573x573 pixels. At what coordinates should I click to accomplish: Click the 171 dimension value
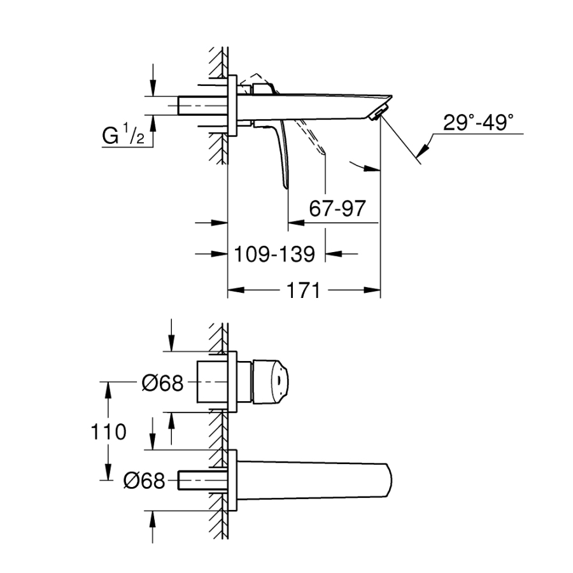click(x=303, y=290)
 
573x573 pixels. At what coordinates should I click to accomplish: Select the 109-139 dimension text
click(x=274, y=254)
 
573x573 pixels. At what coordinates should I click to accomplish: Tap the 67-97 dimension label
click(x=337, y=209)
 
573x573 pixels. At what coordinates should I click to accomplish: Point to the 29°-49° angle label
click(x=478, y=122)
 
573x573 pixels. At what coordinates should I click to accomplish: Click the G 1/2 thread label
click(x=123, y=134)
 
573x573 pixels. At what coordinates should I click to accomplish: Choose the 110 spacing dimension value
click(x=108, y=432)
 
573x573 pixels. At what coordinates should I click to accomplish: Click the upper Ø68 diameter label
click(x=162, y=383)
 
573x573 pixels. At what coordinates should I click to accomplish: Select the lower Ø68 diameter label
click(x=145, y=481)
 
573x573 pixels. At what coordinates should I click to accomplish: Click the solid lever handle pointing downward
click(x=282, y=153)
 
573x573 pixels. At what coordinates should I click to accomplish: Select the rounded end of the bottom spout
click(x=389, y=480)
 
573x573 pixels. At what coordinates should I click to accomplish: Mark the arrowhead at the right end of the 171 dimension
click(x=372, y=290)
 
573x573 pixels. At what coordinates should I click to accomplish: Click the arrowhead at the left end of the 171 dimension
click(x=236, y=290)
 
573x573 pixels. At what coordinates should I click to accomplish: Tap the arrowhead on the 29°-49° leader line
click(x=423, y=149)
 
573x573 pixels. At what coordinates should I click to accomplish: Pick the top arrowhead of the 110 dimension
click(x=108, y=390)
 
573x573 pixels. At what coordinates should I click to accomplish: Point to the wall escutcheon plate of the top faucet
click(x=232, y=106)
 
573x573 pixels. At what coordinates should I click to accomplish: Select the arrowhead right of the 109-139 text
click(x=333, y=253)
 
